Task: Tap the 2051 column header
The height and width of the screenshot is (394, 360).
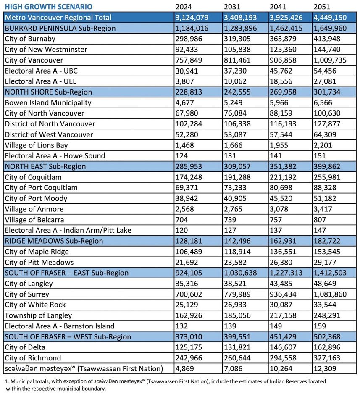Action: (x=322, y=7)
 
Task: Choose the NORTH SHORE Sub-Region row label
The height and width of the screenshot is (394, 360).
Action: (x=48, y=92)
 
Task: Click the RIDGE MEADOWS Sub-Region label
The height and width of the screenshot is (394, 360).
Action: (x=54, y=241)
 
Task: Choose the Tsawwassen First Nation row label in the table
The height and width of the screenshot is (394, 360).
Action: (x=83, y=369)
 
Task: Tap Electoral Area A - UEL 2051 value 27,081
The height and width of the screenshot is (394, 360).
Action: (x=325, y=81)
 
